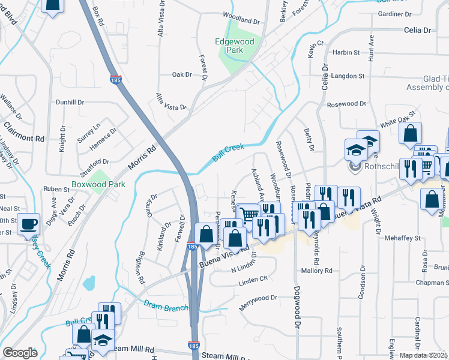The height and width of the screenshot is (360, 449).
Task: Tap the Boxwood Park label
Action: [98, 184]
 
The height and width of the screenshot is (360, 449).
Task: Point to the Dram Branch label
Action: [166, 305]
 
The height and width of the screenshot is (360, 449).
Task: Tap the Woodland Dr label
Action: [241, 20]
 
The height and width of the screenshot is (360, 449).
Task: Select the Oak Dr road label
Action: [181, 74]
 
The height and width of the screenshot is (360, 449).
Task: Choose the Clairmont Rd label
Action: [24, 133]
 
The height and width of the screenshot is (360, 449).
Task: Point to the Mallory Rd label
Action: [316, 271]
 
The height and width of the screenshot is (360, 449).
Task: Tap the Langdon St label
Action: [348, 76]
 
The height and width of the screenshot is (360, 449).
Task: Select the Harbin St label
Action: [346, 53]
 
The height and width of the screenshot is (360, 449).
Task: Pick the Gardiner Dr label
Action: [395, 13]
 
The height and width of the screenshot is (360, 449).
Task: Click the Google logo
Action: [20, 353]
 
